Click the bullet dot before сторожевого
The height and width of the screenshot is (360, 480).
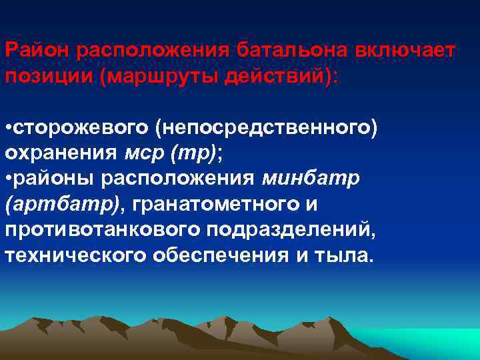[x=8, y=127]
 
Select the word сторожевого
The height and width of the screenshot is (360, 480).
[x=80, y=127]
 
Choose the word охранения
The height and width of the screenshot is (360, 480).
[x=62, y=153]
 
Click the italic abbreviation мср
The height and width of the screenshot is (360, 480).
[x=145, y=153]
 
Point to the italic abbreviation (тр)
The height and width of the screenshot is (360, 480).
[x=193, y=153]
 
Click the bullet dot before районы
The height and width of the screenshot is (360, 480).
[x=8, y=179]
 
